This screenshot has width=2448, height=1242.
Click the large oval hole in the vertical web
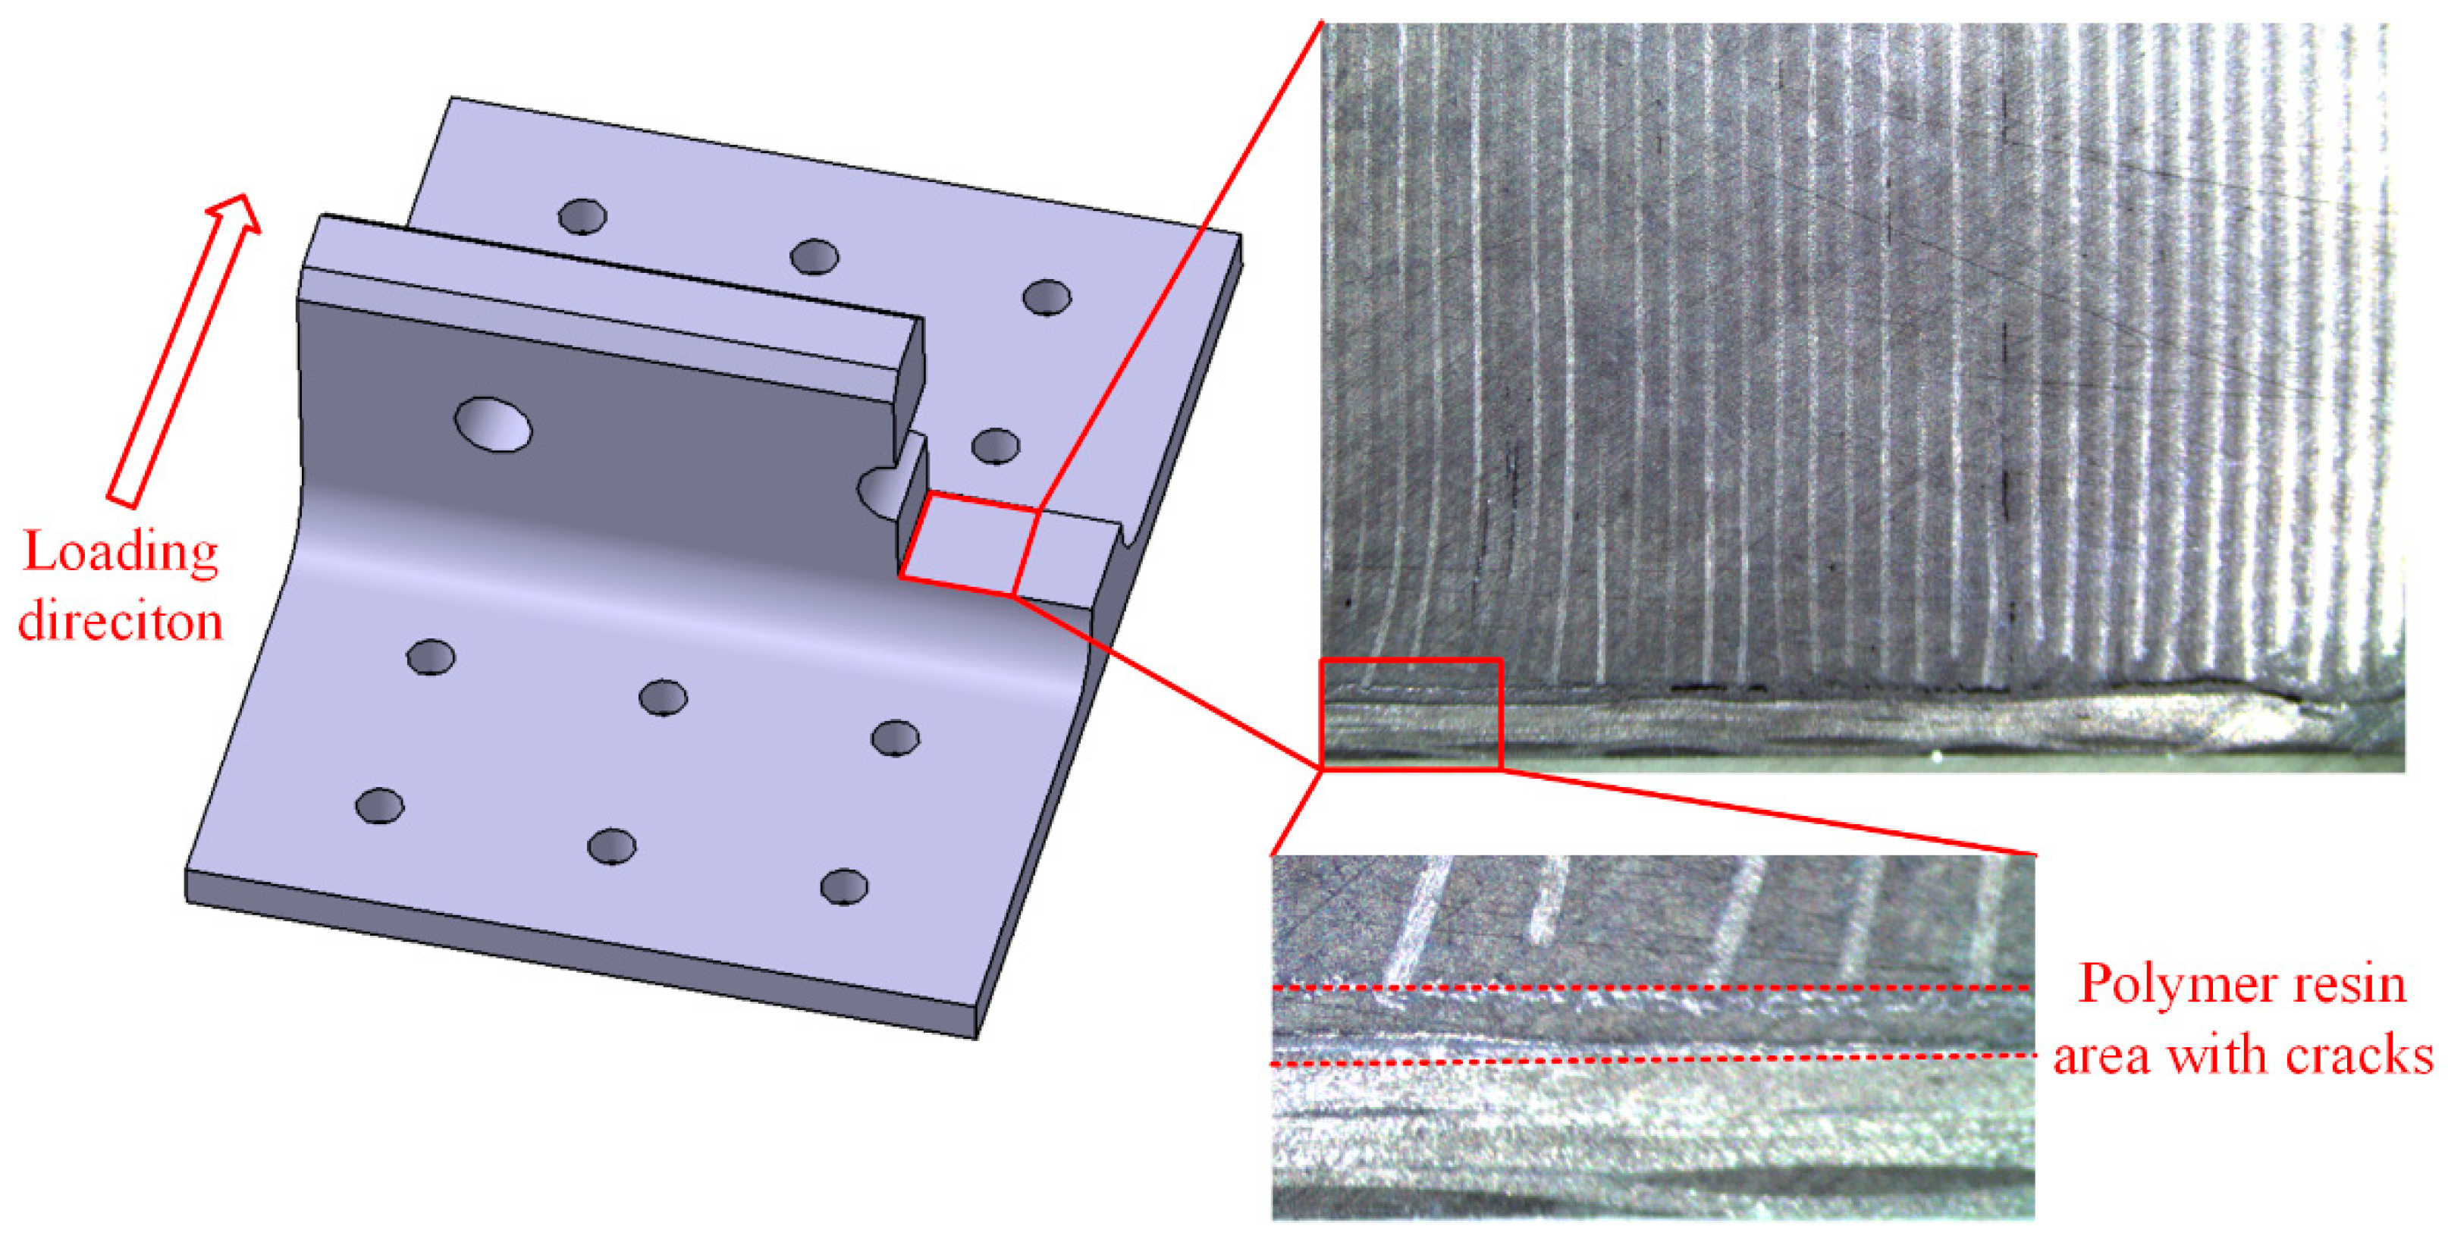tap(493, 424)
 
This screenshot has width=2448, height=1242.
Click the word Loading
tap(121, 553)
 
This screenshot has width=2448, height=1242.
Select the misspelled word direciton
tap(121, 622)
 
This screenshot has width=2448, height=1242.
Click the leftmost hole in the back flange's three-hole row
tap(582, 217)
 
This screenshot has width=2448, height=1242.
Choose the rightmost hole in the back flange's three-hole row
tap(1047, 297)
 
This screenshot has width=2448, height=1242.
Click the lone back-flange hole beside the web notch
tap(996, 446)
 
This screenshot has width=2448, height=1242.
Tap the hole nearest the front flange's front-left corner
tap(379, 806)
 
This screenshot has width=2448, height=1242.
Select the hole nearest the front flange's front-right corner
tap(844, 886)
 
